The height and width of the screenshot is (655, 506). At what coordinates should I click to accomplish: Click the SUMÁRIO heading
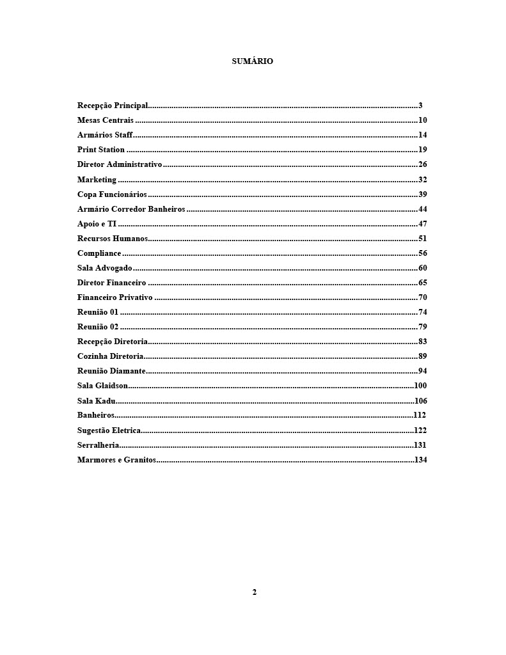coord(252,61)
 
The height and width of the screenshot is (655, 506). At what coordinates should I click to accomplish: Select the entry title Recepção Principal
coord(113,106)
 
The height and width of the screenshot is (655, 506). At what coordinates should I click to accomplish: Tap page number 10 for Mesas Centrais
coord(422,120)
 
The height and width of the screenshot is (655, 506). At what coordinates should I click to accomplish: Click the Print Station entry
coord(101,150)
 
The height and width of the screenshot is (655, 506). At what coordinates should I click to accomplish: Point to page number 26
coord(422,164)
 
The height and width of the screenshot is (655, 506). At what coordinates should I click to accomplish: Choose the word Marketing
coord(97,180)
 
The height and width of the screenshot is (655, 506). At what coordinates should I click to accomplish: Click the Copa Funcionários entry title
coord(112,194)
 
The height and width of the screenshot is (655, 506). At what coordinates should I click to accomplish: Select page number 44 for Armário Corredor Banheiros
coord(422,209)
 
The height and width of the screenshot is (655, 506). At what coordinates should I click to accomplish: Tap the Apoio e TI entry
coord(97,224)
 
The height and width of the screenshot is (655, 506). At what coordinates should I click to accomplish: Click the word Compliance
coord(99,253)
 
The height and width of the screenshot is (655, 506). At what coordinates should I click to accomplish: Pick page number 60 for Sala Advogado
coord(422,268)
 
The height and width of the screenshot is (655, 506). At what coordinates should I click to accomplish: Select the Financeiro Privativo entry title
coord(115,297)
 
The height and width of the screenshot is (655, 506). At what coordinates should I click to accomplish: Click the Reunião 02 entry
coord(98,327)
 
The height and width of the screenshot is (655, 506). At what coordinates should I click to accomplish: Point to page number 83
coord(422,342)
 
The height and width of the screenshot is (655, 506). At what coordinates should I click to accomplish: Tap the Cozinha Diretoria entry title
coord(110,356)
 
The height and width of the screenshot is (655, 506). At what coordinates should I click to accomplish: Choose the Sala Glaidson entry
coord(102,386)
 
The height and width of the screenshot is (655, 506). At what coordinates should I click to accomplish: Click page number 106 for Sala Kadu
coord(420,401)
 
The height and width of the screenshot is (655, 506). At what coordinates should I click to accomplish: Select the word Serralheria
coord(98,445)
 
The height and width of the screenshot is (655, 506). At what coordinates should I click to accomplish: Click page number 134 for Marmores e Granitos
coord(420,460)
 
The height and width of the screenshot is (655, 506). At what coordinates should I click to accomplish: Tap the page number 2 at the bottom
coord(254,592)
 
